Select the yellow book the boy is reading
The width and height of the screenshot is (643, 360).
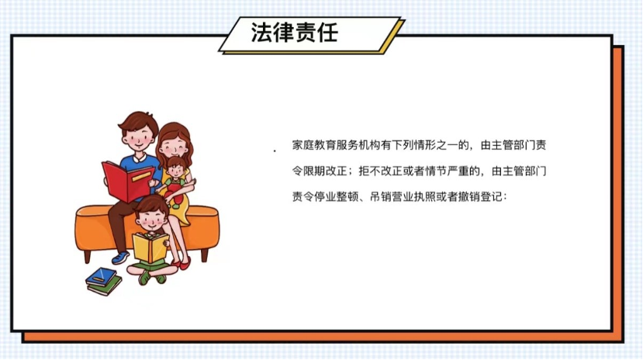[150, 247]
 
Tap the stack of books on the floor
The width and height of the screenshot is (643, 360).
[103, 280]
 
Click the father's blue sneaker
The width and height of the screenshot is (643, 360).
[120, 257]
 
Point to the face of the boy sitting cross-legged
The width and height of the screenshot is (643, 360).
[153, 217]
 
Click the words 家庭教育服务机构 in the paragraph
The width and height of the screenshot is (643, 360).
[329, 145]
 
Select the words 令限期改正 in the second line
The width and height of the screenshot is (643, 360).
[316, 171]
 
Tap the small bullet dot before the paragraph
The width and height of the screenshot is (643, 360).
[275, 151]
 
